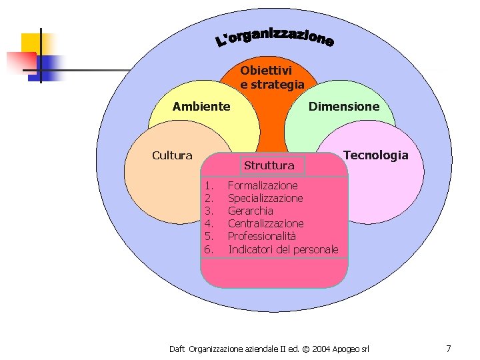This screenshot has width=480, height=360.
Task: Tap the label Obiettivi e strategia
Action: click(272, 77)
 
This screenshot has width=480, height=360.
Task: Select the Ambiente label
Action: click(201, 106)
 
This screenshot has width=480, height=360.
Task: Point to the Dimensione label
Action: click(343, 106)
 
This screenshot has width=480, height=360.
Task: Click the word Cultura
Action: click(172, 155)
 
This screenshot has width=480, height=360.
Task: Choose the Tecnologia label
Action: click(375, 155)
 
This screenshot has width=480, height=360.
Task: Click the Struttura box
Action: click(269, 165)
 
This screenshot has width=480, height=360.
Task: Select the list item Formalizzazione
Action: click(263, 185)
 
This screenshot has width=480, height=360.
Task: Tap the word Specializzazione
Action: click(265, 198)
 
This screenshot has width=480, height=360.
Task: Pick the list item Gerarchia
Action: click(251, 211)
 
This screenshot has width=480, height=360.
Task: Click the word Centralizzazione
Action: click(265, 223)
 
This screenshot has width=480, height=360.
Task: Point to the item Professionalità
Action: click(262, 236)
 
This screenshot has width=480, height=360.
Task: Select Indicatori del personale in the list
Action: click(283, 249)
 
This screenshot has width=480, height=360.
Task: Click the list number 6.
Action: click(209, 249)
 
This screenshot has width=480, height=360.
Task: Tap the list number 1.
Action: click(209, 185)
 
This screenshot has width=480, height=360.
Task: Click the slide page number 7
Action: click(449, 348)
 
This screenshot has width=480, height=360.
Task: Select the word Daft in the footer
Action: click(177, 349)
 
